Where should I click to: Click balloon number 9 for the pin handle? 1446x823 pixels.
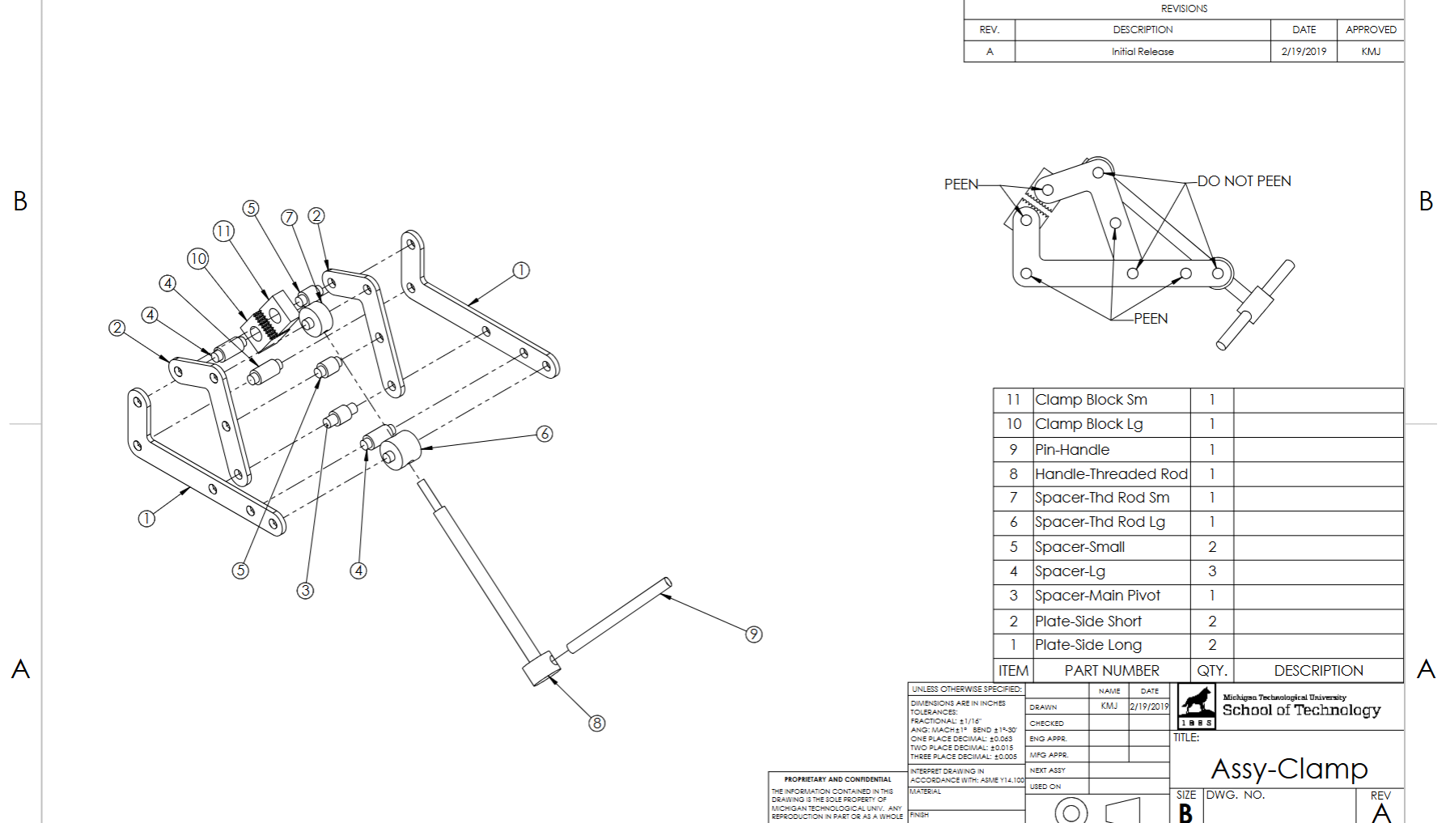pyautogui.click(x=753, y=634)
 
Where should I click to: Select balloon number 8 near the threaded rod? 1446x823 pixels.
pyautogui.click(x=596, y=723)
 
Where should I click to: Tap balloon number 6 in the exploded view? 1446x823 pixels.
pyautogui.click(x=545, y=434)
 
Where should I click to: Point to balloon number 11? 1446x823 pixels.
pyautogui.click(x=223, y=231)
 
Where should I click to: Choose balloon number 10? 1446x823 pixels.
pyautogui.click(x=198, y=258)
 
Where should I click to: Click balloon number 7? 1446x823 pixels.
pyautogui.click(x=290, y=217)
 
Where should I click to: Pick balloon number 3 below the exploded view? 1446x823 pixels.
pyautogui.click(x=305, y=590)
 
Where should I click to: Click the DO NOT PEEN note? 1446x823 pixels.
pyautogui.click(x=1244, y=181)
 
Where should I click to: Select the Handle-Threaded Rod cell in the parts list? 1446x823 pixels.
pyautogui.click(x=1110, y=474)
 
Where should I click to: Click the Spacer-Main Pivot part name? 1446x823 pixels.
pyautogui.click(x=1097, y=596)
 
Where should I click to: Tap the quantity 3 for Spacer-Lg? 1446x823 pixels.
pyautogui.click(x=1211, y=571)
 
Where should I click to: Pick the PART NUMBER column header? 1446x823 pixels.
pyautogui.click(x=1111, y=671)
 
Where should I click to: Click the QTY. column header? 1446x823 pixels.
pyautogui.click(x=1211, y=671)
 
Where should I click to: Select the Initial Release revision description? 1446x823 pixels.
pyautogui.click(x=1142, y=52)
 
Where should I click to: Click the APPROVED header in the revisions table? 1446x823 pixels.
pyautogui.click(x=1371, y=30)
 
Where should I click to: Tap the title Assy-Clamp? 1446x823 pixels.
pyautogui.click(x=1288, y=769)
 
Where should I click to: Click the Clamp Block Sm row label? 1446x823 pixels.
pyautogui.click(x=1091, y=400)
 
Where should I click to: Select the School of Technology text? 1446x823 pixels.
pyautogui.click(x=1300, y=710)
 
